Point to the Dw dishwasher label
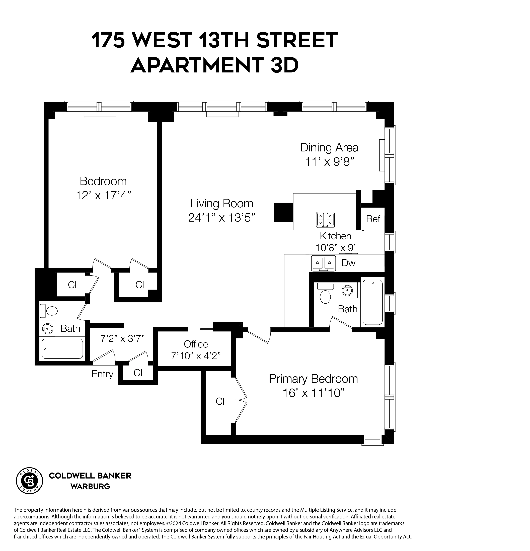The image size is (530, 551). [348, 263]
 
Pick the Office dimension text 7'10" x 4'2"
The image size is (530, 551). [196, 356]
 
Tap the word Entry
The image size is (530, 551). [102, 374]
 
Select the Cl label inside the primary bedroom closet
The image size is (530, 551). [220, 401]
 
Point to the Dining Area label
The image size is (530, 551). [329, 148]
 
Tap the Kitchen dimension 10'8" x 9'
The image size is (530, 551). [335, 248]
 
